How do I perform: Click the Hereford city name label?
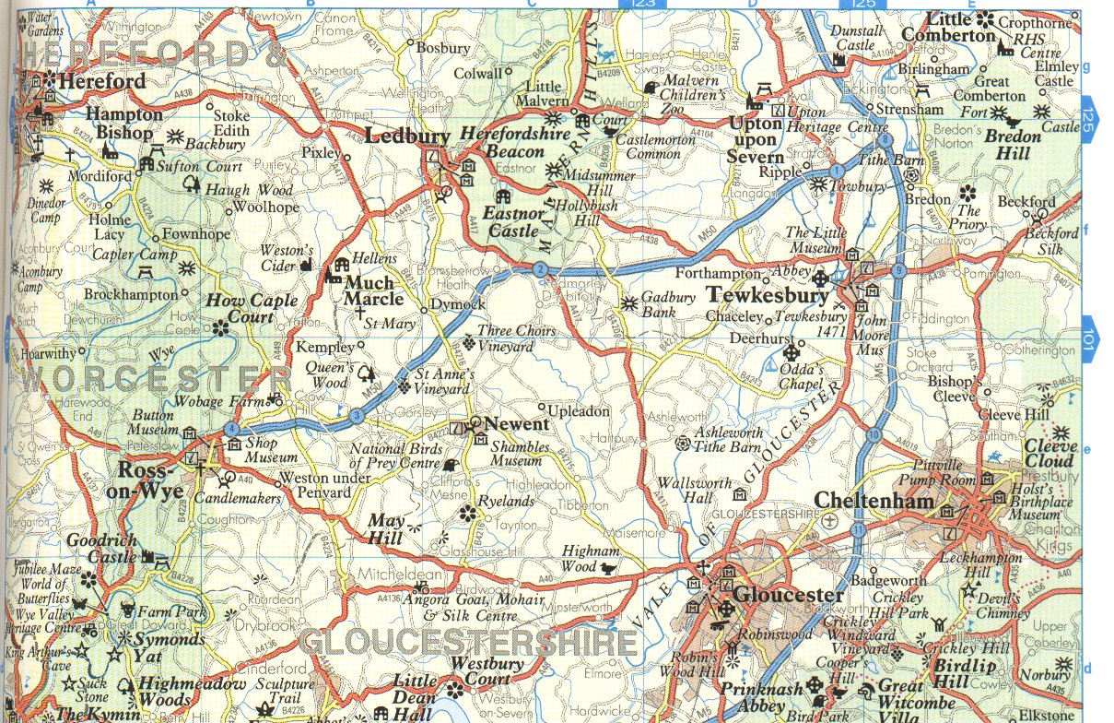101,81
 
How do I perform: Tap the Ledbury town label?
407,136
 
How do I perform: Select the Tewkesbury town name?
767,296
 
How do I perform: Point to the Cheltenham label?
874,501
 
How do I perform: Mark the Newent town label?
516,424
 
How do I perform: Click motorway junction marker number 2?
541,269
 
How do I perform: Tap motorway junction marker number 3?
356,417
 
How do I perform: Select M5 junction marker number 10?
873,434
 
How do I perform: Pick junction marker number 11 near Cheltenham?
859,530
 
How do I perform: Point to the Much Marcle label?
370,290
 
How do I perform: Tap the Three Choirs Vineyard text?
517,338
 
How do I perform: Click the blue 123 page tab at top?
643,5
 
